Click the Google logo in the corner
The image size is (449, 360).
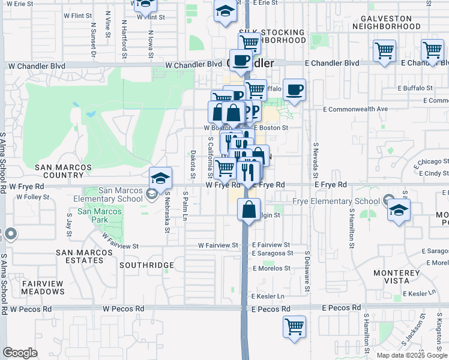[x=20, y=353]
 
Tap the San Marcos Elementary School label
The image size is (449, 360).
[x=121, y=194]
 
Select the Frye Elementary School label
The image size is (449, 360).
[x=336, y=202]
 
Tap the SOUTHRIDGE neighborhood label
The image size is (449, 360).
[x=146, y=265]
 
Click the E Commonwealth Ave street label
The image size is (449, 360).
[x=355, y=109]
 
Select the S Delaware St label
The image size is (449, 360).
[x=307, y=276]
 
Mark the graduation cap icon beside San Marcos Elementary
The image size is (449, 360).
[x=161, y=178]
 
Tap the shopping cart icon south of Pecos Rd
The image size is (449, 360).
[x=295, y=327]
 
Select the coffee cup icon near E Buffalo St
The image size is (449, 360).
[x=294, y=90]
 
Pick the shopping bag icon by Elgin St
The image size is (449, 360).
[x=249, y=210]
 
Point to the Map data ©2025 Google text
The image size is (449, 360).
[x=411, y=355]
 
